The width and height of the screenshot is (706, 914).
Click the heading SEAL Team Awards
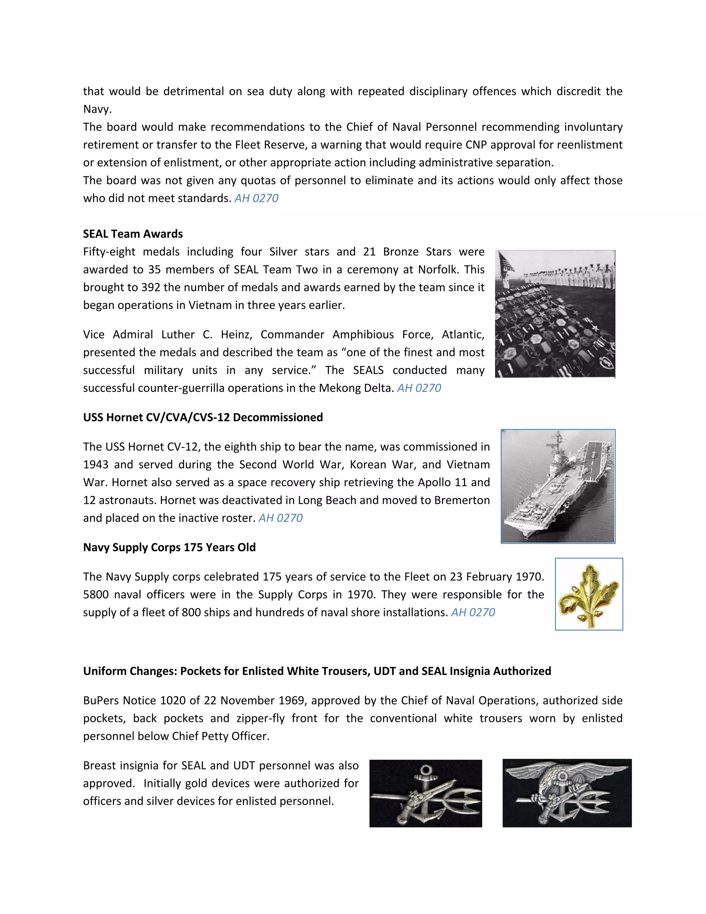click(x=133, y=234)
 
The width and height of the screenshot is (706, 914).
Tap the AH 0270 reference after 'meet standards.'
click(x=256, y=198)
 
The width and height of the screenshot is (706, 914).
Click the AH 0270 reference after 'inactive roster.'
click(x=280, y=518)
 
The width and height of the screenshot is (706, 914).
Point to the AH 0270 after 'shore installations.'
click(x=473, y=613)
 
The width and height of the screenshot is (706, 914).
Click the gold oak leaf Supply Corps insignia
click(x=588, y=594)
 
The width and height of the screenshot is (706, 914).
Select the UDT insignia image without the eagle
click(x=425, y=794)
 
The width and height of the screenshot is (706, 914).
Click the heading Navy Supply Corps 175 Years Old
click(x=169, y=547)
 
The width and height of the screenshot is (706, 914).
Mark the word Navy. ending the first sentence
click(x=97, y=109)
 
